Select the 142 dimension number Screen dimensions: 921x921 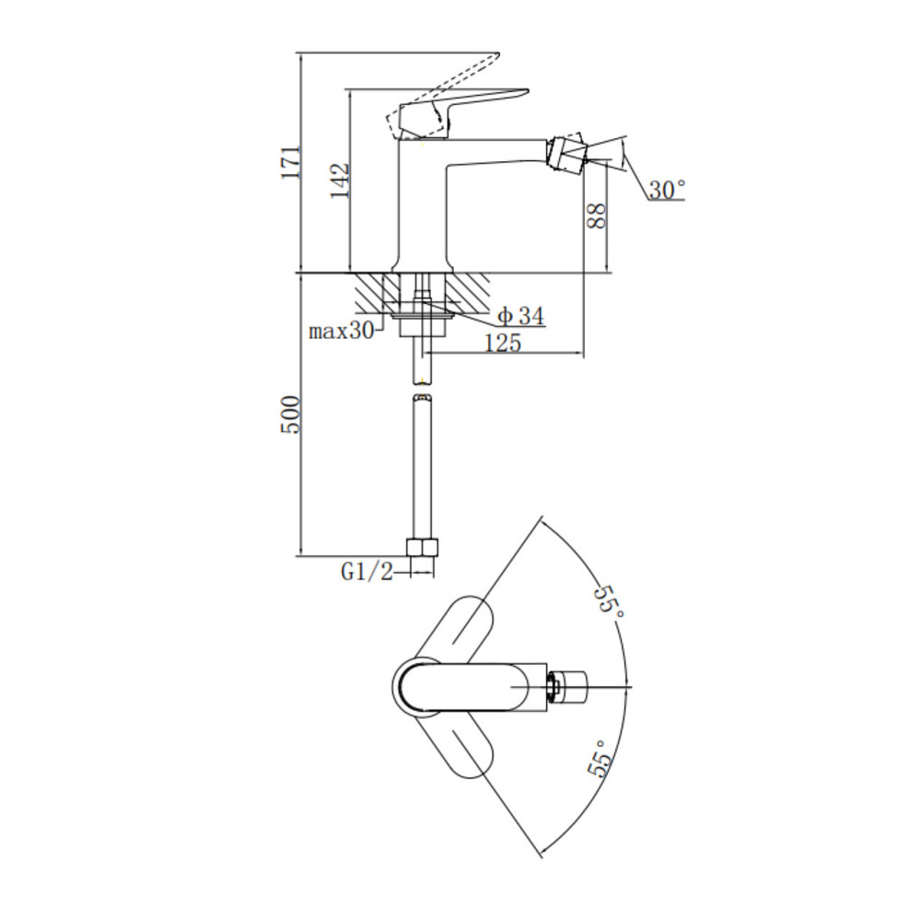(x=340, y=181)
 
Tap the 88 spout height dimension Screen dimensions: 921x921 (x=596, y=216)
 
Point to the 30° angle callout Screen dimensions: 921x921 (x=667, y=190)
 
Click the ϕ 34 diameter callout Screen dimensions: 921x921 (x=521, y=317)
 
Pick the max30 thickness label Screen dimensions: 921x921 (x=342, y=332)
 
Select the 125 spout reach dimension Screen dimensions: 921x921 (x=503, y=343)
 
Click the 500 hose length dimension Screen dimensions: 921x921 (x=290, y=414)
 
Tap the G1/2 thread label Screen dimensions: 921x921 (x=367, y=572)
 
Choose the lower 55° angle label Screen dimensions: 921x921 (x=600, y=758)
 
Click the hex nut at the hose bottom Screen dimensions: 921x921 (x=423, y=547)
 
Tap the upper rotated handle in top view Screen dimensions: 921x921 (x=453, y=627)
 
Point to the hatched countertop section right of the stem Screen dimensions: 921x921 (x=466, y=292)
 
